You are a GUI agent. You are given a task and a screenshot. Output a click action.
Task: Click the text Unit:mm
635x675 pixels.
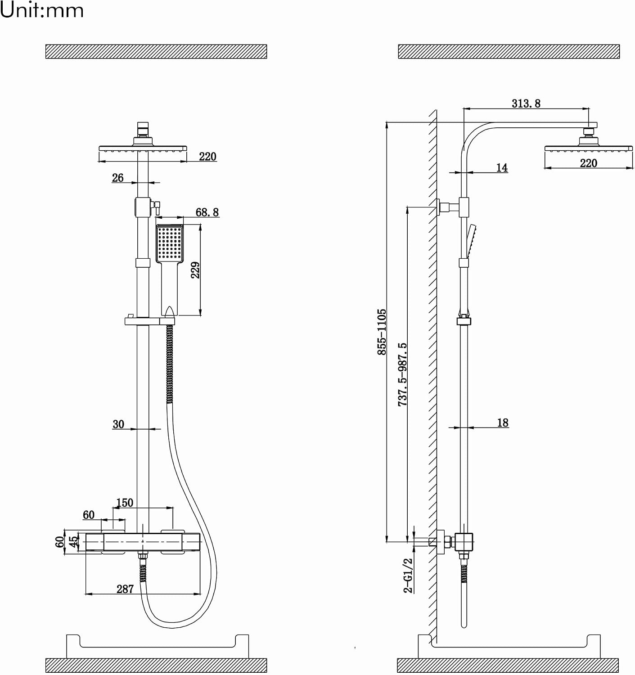pos(42,10)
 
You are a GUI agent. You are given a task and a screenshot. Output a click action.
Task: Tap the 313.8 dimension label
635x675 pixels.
pos(526,103)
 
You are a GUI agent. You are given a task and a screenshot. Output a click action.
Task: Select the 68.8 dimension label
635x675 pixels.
pos(207,212)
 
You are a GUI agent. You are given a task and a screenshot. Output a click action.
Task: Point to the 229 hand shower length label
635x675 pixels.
pos(195,270)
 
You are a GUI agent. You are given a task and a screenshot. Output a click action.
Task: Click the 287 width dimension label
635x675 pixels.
pos(125,589)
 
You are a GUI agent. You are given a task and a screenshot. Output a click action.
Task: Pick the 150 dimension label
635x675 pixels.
pos(125,502)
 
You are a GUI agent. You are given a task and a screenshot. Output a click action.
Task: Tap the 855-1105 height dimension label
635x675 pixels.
pos(382,332)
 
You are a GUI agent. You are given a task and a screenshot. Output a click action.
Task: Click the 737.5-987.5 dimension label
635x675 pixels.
pos(402,374)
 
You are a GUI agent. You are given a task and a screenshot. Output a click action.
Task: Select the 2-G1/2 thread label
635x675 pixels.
pos(408,576)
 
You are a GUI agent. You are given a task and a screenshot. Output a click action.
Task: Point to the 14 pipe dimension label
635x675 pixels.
pos(502,167)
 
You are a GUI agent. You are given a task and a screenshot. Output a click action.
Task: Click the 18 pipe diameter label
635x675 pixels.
pos(503,423)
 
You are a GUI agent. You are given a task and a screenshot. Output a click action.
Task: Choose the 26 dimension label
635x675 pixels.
pos(117,178)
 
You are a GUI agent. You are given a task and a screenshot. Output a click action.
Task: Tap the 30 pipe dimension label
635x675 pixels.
pos(118,424)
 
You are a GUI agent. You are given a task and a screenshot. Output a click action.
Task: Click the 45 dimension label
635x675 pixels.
pos(73,541)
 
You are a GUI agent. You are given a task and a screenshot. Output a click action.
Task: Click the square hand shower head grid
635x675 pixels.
pos(170,243)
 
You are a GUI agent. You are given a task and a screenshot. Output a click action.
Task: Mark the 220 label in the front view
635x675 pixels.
pos(207,157)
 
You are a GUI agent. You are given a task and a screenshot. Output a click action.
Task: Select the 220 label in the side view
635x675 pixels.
pos(589,163)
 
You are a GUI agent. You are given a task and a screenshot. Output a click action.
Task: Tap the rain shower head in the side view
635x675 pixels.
pos(589,148)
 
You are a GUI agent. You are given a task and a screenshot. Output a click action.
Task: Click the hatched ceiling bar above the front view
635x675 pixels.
pos(156,51)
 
